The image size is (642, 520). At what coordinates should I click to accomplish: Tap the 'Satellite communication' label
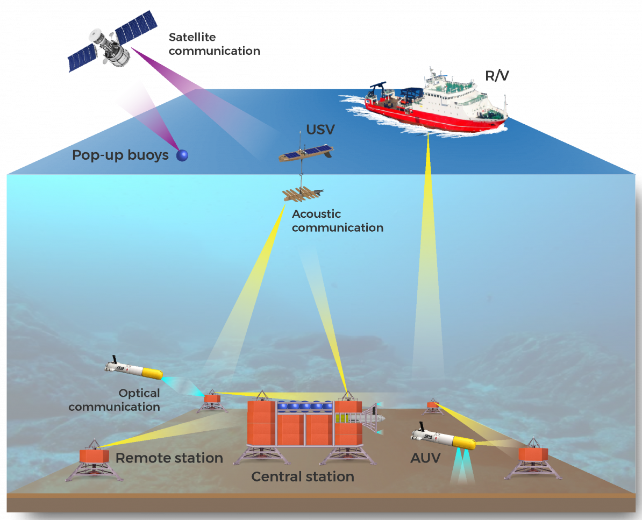214,45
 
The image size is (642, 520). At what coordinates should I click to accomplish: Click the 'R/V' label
497,76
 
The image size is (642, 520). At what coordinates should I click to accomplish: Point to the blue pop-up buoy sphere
182,155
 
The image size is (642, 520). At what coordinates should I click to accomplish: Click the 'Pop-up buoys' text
120,156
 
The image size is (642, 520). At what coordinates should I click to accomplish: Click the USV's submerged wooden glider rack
302,194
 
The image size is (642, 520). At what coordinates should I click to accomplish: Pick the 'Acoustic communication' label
337,221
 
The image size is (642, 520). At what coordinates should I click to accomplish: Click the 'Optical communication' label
114,400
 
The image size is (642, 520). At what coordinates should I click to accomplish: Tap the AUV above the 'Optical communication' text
134,369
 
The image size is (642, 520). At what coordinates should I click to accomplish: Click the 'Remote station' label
169,458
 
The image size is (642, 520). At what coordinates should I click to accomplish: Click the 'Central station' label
303,476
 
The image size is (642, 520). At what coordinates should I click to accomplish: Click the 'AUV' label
425,458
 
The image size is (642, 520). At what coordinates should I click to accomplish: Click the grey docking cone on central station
371,418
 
